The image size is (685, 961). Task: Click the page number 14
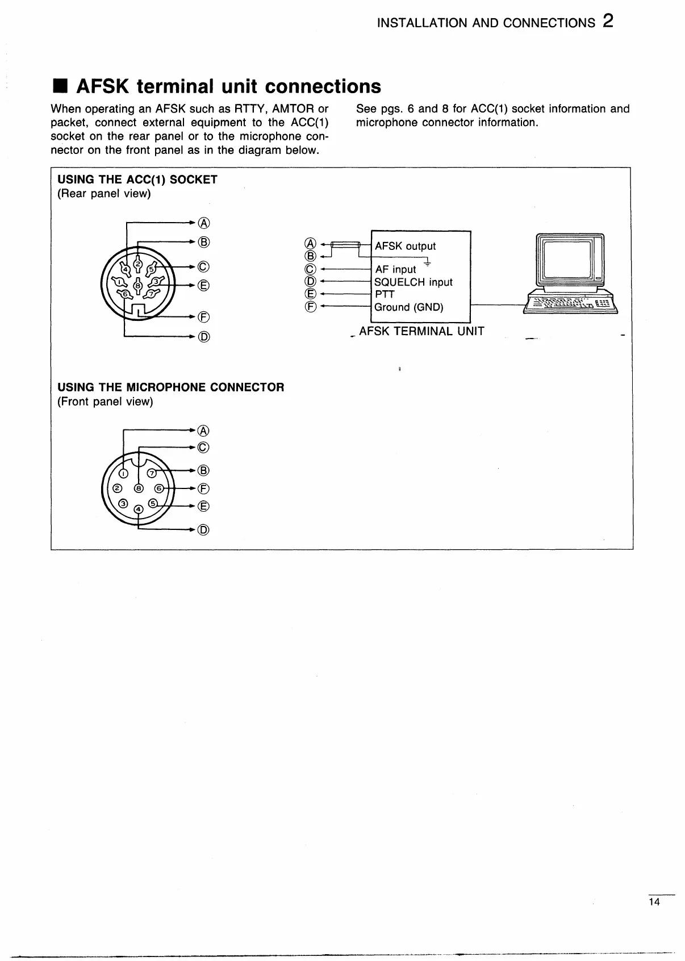tap(655, 902)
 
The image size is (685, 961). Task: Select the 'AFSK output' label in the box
tap(405, 246)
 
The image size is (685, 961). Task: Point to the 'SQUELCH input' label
tap(413, 282)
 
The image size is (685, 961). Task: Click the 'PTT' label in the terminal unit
tap(385, 294)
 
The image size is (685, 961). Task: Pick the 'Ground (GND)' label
tap(408, 307)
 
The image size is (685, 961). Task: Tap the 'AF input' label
tap(395, 269)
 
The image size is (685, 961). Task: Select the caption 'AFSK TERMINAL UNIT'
tap(421, 331)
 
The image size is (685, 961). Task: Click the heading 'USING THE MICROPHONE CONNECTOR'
tap(170, 387)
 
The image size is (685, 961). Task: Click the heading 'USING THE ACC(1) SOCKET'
tap(137, 179)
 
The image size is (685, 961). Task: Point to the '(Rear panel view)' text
tap(104, 194)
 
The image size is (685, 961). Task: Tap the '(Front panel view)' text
tap(105, 402)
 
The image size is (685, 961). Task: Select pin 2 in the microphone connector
tap(118, 488)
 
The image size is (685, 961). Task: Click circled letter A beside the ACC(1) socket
tap(204, 223)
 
